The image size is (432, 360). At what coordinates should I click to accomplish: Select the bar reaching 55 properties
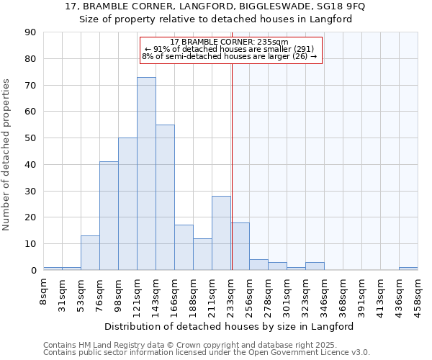pos(165,197)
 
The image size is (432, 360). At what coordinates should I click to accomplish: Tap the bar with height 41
pos(109,216)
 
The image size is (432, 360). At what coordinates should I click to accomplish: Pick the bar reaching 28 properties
pos(221,233)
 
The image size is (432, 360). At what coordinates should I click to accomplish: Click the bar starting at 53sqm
pos(90,253)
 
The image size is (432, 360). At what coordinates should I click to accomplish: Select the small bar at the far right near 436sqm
pos(408,269)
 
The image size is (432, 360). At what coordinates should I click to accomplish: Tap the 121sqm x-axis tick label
pos(136,294)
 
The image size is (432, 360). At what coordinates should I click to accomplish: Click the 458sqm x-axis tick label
pos(418,294)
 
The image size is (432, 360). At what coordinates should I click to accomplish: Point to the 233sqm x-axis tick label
pos(230,294)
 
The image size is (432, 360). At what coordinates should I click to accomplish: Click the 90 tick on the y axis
pos(30,32)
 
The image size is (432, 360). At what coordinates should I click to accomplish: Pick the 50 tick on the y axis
pos(30,138)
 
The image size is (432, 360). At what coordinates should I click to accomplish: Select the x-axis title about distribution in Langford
pos(234,327)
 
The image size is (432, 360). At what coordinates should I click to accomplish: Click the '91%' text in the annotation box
pos(161,49)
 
